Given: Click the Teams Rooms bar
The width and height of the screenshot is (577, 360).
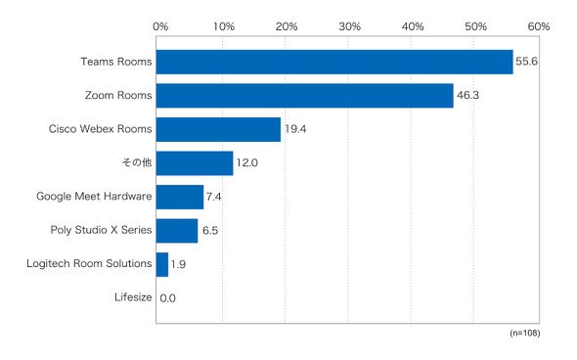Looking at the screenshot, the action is point(334,62).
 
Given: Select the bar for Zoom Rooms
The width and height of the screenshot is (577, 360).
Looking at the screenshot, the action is point(305,96).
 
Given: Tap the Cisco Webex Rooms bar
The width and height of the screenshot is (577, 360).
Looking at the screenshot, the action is point(219,129).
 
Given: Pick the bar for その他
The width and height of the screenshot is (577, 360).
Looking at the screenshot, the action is point(195,163).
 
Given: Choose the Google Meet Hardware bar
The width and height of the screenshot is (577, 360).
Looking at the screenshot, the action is point(180,197).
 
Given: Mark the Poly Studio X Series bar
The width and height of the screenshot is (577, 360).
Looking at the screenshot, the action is point(177,231).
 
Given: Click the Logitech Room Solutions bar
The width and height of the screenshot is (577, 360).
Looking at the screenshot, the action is point(162,265).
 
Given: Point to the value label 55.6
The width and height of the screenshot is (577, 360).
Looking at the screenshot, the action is point(526,61).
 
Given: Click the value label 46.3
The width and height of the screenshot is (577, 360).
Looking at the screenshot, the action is point(467,95).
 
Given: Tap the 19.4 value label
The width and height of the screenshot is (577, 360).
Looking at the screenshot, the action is point(295,129).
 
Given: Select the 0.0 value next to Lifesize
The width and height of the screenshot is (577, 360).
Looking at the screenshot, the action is point(168,298).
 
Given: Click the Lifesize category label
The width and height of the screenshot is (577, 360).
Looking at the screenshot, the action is point(133,297).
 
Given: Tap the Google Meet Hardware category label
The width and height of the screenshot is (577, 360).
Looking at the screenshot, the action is point(94,197).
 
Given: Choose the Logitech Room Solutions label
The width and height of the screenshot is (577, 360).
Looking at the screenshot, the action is point(89,263).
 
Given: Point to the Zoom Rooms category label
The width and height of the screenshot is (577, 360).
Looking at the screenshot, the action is point(118,95).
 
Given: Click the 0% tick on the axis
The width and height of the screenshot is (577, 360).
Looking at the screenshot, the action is point(160,26).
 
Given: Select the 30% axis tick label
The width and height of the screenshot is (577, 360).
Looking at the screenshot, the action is point(349,26).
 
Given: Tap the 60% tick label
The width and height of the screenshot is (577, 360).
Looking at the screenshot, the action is point(539,26).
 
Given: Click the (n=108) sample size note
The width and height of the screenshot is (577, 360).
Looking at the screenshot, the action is point(525,334).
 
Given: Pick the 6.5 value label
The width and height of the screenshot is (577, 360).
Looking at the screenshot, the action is point(210,231).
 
